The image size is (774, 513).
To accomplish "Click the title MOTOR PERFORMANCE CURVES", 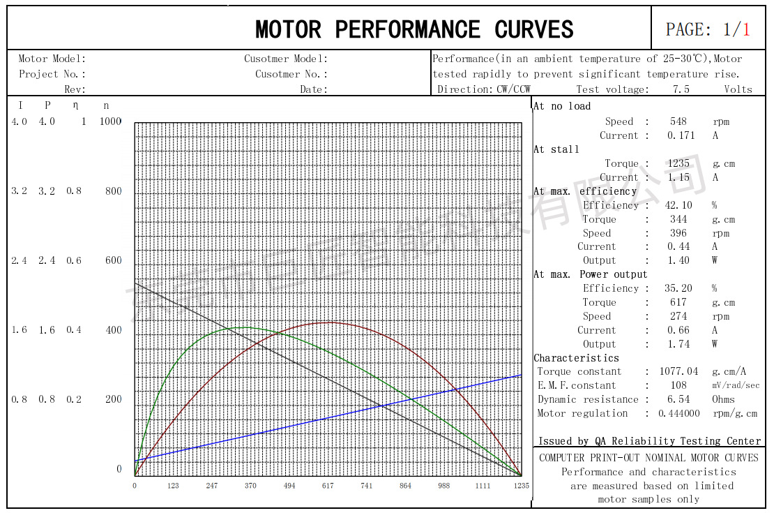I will coord(414,29).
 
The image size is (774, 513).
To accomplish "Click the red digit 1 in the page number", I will coord(746,29).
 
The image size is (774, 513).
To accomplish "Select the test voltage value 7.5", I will coord(681,89).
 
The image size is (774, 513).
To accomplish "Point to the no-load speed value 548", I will coord(678,121).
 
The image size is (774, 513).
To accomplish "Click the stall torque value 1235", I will coord(678,163).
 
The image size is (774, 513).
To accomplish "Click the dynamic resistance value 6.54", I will coord(678,399).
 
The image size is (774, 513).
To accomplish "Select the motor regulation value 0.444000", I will coord(678,413).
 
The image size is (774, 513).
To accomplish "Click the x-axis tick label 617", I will coord(328,486).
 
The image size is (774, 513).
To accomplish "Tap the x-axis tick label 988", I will coord(443,486).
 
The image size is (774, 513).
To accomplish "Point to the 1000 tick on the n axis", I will coord(110,122).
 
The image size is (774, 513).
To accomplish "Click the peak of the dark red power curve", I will coord(328,322).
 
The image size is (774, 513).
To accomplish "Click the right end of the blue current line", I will coord(521,376).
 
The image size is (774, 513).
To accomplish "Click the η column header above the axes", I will coord(75,105).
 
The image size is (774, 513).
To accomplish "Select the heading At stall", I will coord(556,149).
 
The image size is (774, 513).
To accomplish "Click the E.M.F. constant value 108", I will coord(678,385).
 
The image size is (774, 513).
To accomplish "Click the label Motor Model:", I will coord(52,59).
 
